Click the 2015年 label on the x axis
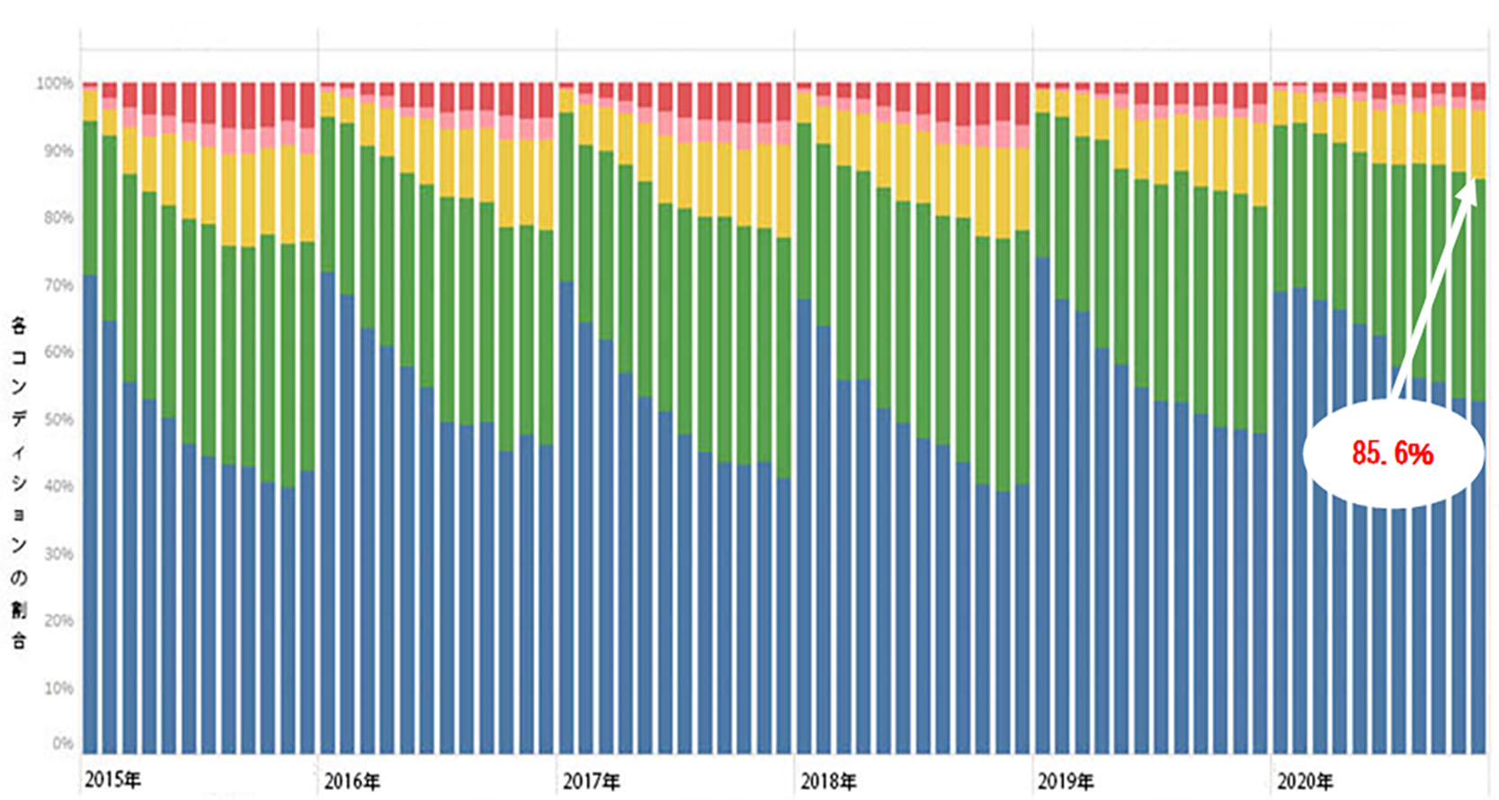point(112,779)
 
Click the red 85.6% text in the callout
point(1392,454)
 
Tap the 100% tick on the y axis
point(54,83)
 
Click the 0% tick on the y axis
point(61,743)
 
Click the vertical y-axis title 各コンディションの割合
point(19,481)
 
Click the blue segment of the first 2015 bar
point(90,513)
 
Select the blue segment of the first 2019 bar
point(1043,504)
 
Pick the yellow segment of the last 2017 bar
point(783,190)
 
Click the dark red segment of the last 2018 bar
point(1022,103)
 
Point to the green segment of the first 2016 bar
point(327,193)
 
